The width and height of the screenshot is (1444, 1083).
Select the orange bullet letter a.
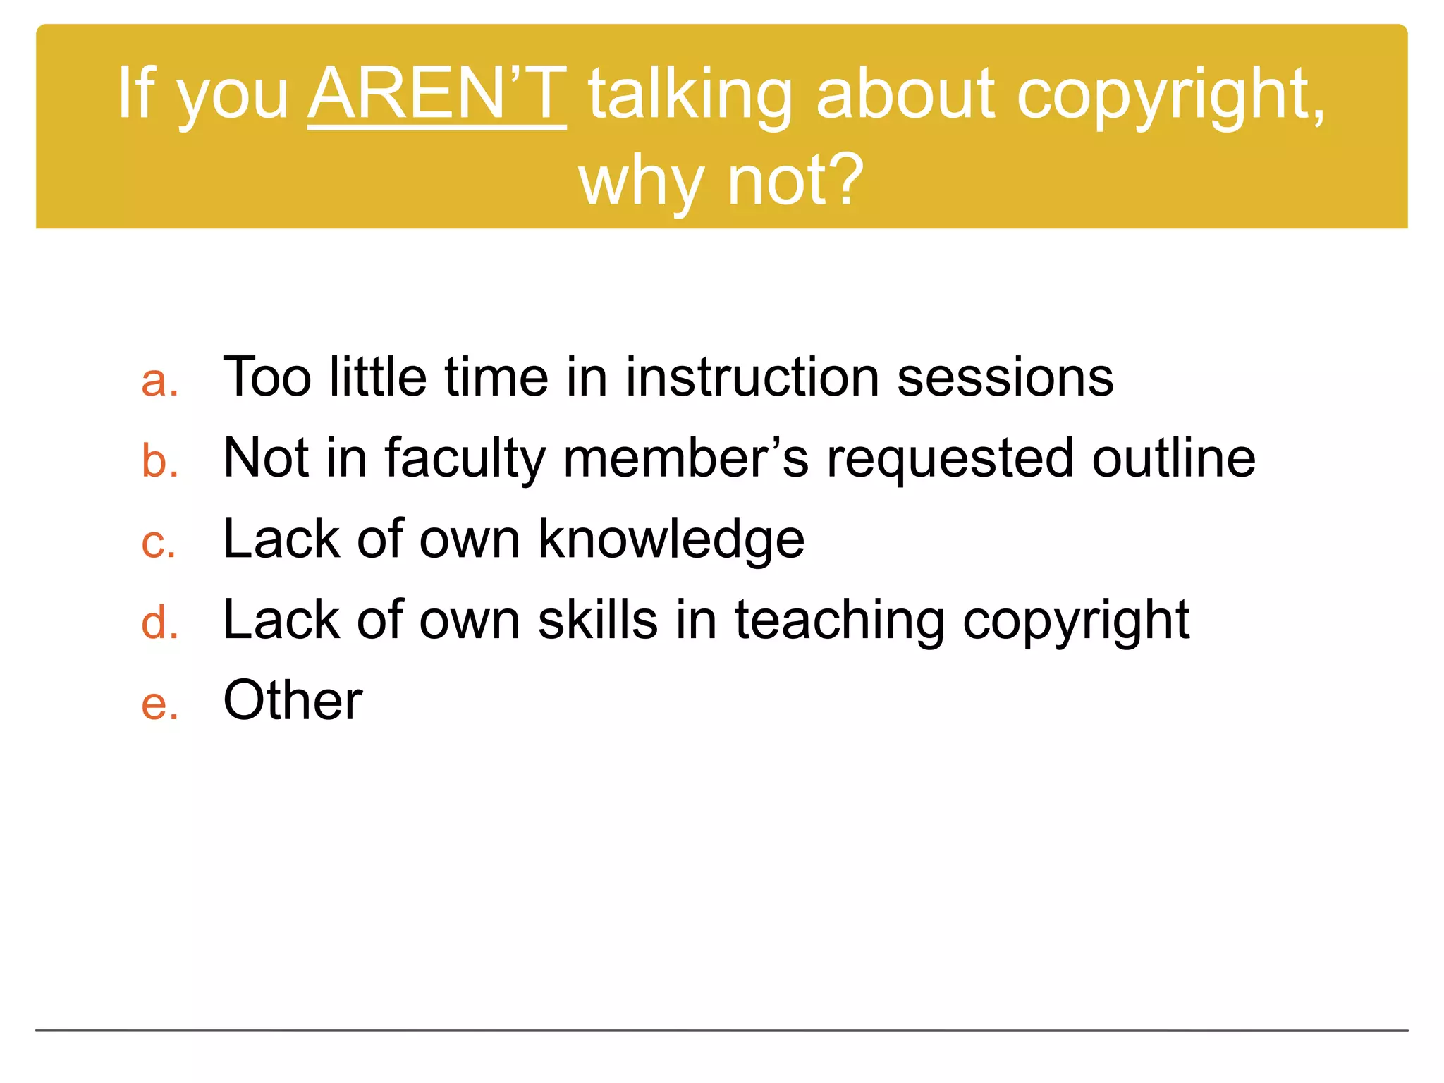coord(159,382)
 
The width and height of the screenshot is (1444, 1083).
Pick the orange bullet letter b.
coord(159,461)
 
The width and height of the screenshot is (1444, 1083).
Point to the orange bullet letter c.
coord(159,544)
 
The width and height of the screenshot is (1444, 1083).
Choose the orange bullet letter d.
coord(159,623)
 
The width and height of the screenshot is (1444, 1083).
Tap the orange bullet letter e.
coord(159,704)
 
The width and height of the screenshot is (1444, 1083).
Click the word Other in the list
coord(293,700)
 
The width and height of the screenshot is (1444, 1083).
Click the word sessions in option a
coord(1005,377)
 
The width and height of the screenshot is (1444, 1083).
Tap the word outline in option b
coord(1174,458)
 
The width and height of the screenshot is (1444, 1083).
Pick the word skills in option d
coord(598,620)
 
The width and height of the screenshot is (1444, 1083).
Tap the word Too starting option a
coord(267,377)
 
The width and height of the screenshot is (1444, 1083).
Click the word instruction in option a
coord(752,377)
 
